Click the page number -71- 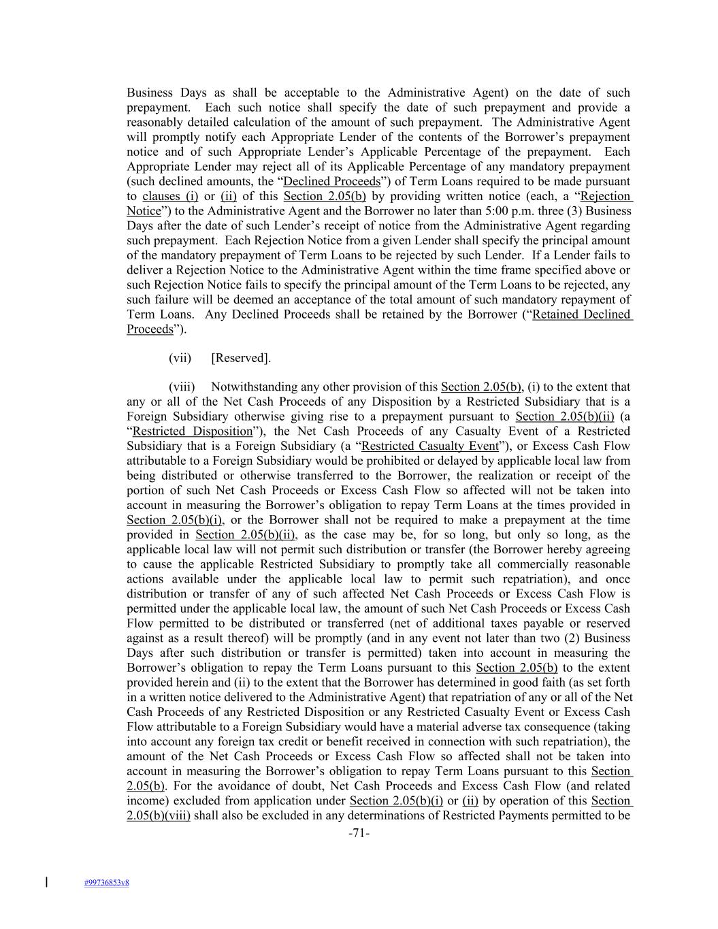[359, 832]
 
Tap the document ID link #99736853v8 [107, 883]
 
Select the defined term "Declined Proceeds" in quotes [331, 182]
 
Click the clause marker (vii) [180, 358]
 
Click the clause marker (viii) [182, 387]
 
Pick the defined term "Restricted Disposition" [192, 431]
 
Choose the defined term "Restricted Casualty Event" [430, 446]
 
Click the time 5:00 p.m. [485, 211]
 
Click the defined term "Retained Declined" [582, 314]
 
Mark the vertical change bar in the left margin [46, 883]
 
